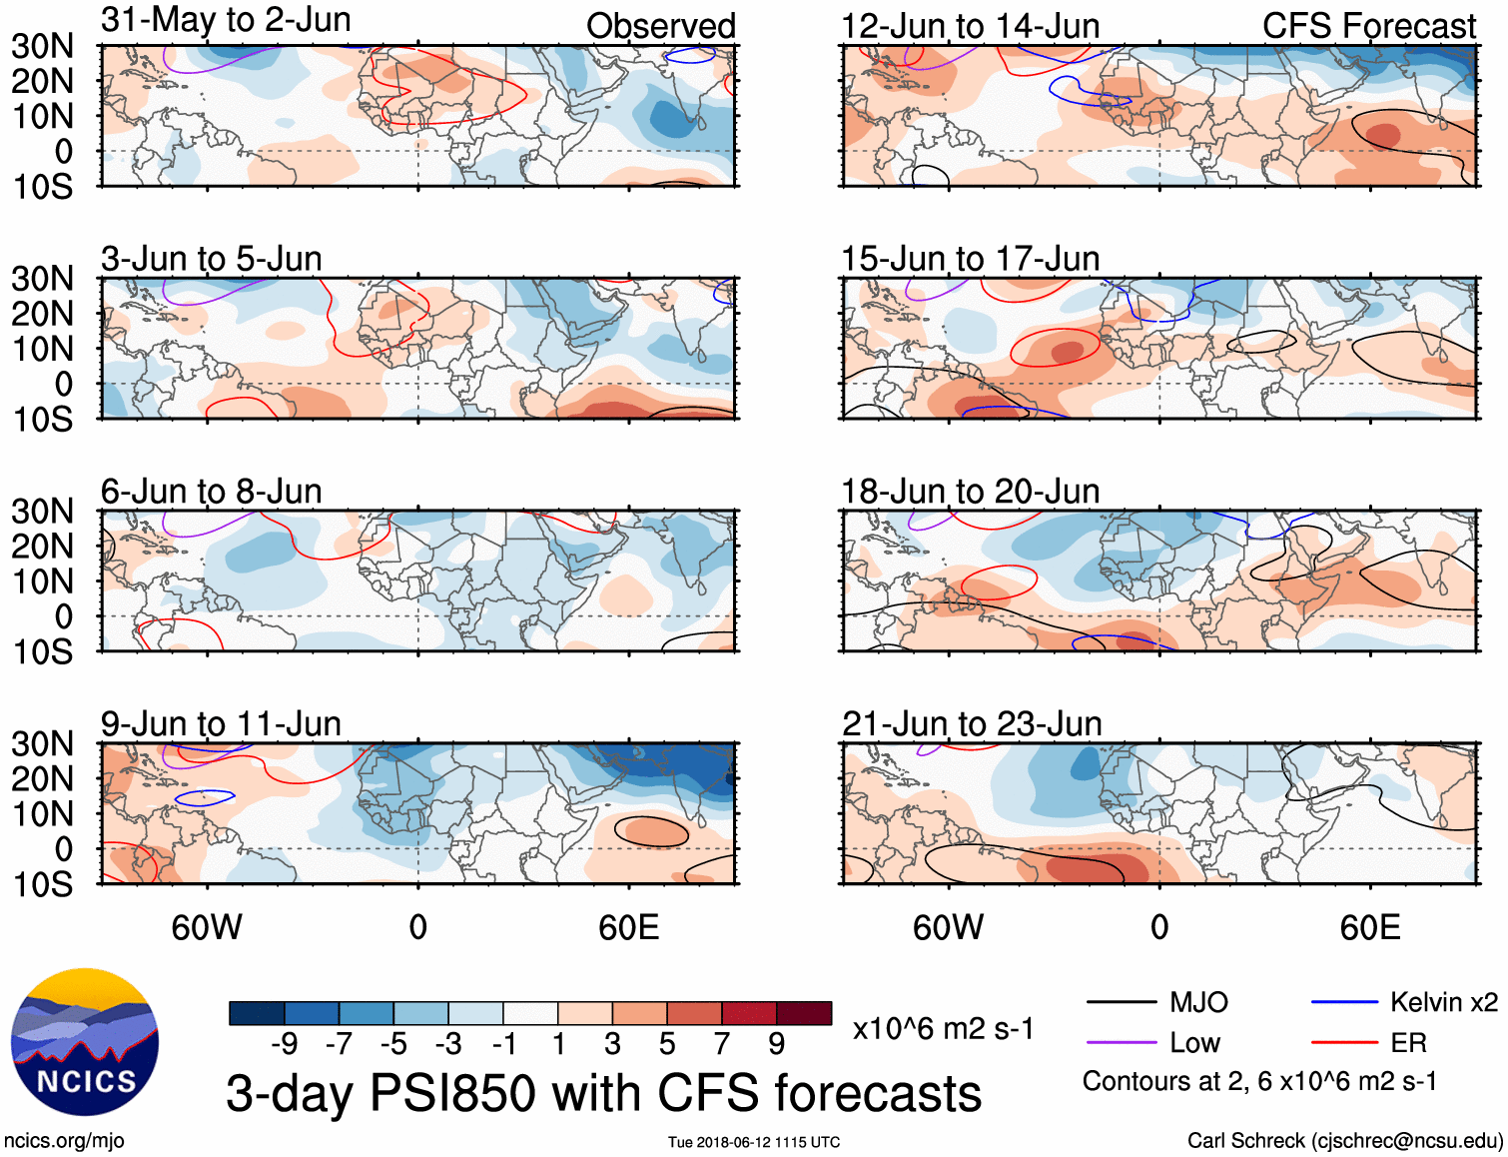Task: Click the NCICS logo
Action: pyautogui.click(x=85, y=1042)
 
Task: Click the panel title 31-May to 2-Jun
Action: pyautogui.click(x=226, y=21)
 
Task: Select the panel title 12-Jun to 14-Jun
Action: pyautogui.click(x=970, y=27)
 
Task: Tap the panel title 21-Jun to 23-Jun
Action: pyautogui.click(x=972, y=724)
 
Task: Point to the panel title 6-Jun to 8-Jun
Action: pyautogui.click(x=212, y=492)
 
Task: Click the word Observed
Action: pyautogui.click(x=660, y=27)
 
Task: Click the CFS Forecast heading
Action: pyautogui.click(x=1368, y=27)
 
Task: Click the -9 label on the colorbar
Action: pyautogui.click(x=285, y=1045)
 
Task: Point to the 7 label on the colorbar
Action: pyautogui.click(x=721, y=1045)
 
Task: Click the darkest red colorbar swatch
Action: pyautogui.click(x=804, y=1013)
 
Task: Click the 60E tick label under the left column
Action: pyautogui.click(x=628, y=928)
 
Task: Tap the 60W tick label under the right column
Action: pyautogui.click(x=948, y=928)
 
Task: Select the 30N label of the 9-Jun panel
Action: pyautogui.click(x=42, y=744)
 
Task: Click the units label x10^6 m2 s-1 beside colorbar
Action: pyautogui.click(x=943, y=1029)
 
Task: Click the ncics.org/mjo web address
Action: pyautogui.click(x=64, y=1141)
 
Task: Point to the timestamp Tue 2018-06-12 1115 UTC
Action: pyautogui.click(x=754, y=1142)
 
